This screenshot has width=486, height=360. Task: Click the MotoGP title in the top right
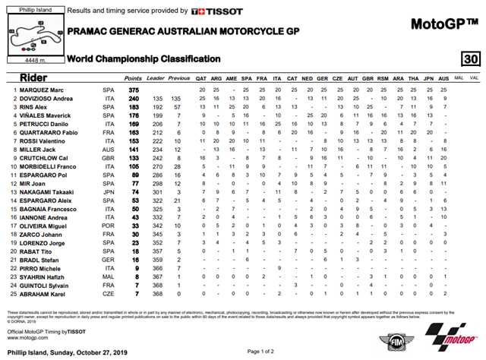point(444,24)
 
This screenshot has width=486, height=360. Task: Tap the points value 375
point(134,90)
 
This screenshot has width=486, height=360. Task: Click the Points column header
point(133,78)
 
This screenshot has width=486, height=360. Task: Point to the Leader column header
point(156,78)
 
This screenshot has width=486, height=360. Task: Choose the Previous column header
point(179,78)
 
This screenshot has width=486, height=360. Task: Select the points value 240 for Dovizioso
point(134,99)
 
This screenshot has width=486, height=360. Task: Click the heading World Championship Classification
point(144,58)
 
